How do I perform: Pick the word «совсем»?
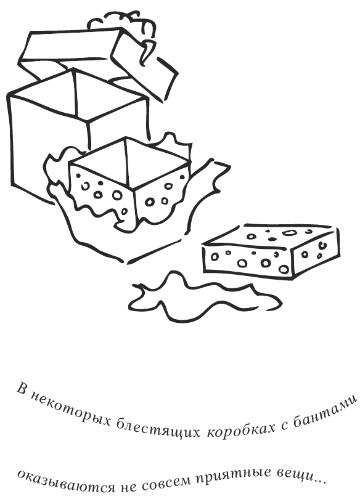166,485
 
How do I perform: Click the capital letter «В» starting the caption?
22,388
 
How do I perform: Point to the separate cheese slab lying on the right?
271,251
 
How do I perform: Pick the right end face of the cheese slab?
316,252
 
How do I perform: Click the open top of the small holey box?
129,162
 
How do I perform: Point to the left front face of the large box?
47,147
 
